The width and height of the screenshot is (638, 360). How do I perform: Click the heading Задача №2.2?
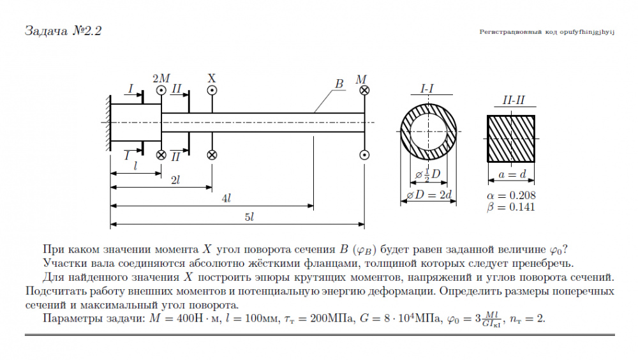tap(63, 31)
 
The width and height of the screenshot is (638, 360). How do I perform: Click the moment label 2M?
tap(161, 78)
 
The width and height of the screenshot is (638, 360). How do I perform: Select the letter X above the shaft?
tap(212, 78)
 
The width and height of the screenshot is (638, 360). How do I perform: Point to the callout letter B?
tap(339, 84)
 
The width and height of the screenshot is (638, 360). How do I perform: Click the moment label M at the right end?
tap(361, 79)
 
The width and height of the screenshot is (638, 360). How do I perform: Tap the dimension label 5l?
tap(249, 217)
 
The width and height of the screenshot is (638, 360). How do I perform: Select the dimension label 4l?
tap(226, 199)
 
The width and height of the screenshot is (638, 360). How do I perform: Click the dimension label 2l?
tap(175, 180)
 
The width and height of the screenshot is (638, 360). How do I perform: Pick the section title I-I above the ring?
tap(427, 88)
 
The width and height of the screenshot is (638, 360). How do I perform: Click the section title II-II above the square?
tap(514, 100)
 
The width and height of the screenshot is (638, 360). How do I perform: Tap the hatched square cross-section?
tap(511, 139)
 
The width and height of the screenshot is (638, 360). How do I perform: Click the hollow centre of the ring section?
tap(428, 131)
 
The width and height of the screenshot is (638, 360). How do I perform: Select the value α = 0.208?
tap(511, 195)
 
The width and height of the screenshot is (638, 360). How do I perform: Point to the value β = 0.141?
tap(511, 207)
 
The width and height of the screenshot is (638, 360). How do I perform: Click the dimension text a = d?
tap(512, 175)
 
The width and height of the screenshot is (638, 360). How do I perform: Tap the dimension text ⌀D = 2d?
tap(429, 195)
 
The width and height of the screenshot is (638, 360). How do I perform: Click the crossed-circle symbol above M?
tap(364, 91)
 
